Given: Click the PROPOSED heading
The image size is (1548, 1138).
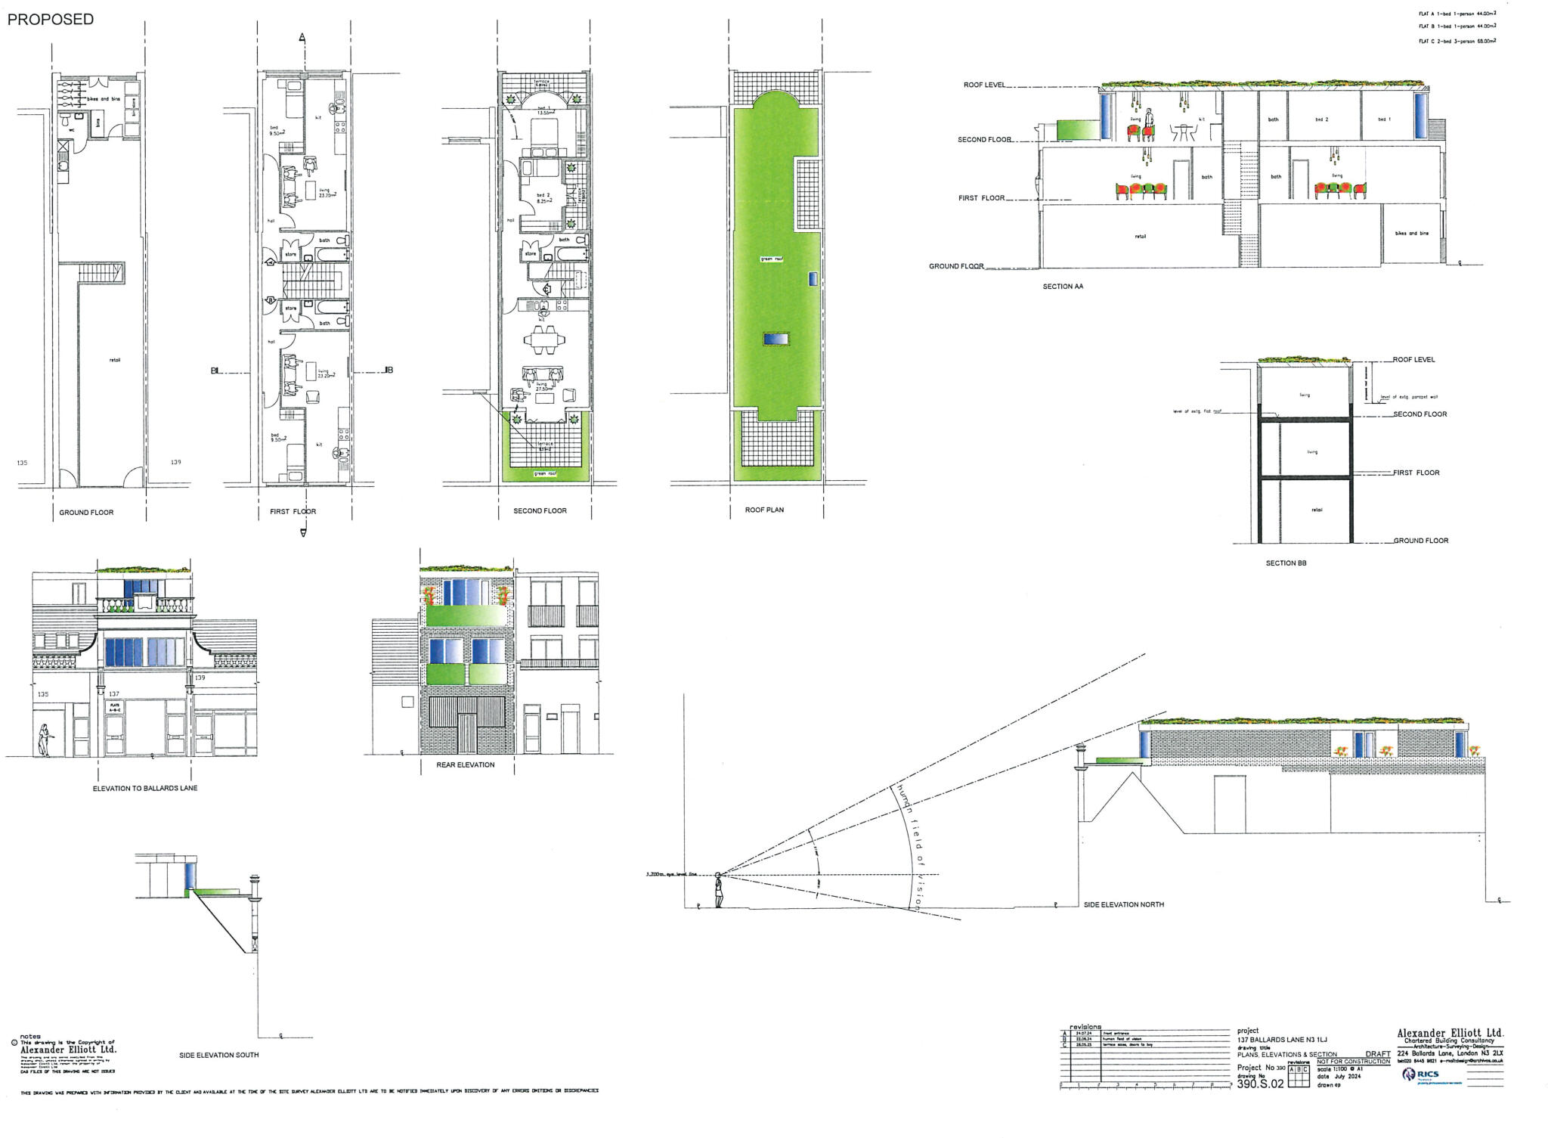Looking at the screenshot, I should point(51,20).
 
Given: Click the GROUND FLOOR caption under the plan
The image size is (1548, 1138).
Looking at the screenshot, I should point(86,513).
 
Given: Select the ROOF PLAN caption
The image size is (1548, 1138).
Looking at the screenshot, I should point(764,510).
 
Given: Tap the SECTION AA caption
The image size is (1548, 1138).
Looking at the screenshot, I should point(1063,287).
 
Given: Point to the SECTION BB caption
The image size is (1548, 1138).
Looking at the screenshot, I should point(1286,563).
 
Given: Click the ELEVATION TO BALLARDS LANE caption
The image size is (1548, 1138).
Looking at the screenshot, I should point(145,788).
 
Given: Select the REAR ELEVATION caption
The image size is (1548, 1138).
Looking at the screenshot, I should point(465,764).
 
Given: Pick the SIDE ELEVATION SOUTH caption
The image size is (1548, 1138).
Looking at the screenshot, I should point(218,1055).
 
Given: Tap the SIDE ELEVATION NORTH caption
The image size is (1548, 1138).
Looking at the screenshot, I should point(1123,904).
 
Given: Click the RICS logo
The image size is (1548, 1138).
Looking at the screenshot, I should point(1420,1074).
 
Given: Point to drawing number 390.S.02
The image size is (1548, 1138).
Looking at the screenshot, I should point(1260,1084).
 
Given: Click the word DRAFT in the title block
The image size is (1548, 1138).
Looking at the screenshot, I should point(1377,1054).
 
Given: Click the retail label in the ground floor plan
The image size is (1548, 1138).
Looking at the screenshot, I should point(115,360).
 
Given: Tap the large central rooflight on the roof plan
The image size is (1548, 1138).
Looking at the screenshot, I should point(776,340).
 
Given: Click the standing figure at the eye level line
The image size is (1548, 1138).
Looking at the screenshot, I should point(718,891).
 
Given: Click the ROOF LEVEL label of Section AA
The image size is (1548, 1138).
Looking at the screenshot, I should point(984,85).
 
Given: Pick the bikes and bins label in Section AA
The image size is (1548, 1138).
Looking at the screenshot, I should point(1411,234).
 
